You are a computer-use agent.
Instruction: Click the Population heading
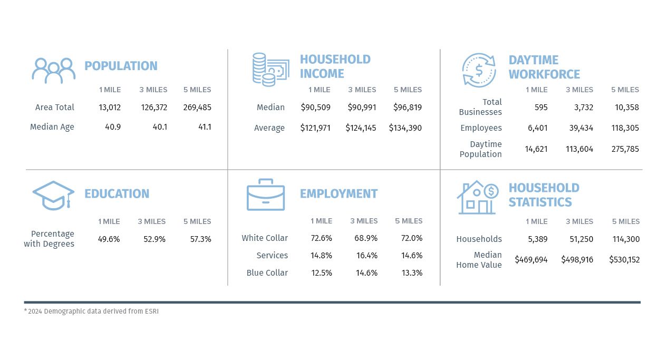pos(121,66)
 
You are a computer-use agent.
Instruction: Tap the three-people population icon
pos(53,70)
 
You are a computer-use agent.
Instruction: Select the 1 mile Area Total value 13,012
pos(110,108)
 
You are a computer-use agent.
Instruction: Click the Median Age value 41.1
pos(203,127)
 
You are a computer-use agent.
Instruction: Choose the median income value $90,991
pos(362,108)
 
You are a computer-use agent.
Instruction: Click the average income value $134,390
pos(405,128)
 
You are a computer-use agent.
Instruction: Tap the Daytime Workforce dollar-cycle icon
pos(479,70)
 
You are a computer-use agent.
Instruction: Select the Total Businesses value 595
pos(540,108)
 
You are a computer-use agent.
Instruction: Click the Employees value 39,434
pos(579,128)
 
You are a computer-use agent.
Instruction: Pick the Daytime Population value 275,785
pos(625,149)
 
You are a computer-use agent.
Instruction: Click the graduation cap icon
pos(53,195)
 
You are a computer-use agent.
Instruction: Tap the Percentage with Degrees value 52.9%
pos(154,239)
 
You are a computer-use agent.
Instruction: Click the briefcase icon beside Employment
pos(266,195)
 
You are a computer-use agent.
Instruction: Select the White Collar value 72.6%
pos(321,238)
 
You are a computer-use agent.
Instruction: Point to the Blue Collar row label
pos(267,273)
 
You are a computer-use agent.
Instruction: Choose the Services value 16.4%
pos(366,256)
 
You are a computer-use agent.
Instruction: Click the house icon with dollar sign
pos(477,198)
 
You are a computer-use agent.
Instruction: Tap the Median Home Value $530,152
pos(624,260)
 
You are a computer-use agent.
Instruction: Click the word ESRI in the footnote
pos(151,312)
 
